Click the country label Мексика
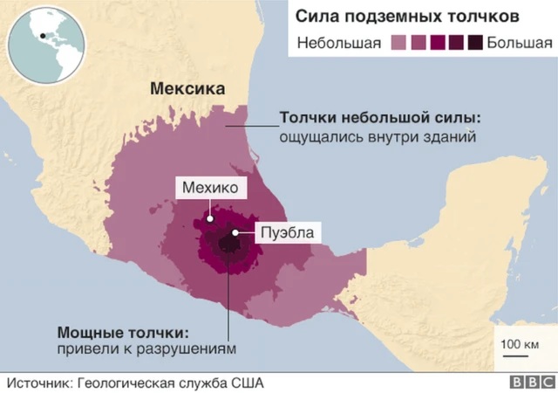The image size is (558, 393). click(x=187, y=88)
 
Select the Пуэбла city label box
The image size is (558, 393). click(x=283, y=232)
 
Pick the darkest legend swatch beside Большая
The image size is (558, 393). click(x=476, y=42)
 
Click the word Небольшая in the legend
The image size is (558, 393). click(x=339, y=42)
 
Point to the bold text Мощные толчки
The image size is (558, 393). click(x=122, y=333)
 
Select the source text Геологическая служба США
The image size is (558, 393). click(x=169, y=383)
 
